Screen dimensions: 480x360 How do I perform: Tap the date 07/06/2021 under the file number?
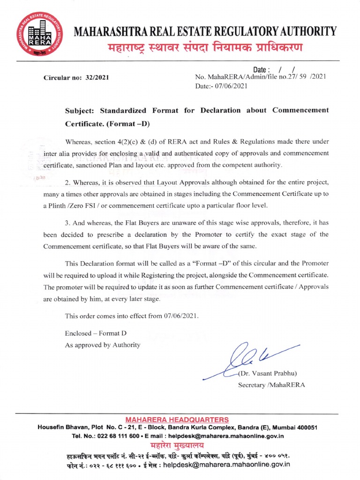pyautogui.click(x=230, y=86)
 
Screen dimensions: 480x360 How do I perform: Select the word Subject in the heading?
pyautogui.click(x=80, y=110)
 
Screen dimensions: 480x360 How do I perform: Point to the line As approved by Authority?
pyautogui.click(x=103, y=345)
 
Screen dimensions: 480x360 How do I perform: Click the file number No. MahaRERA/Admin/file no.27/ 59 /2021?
pyautogui.click(x=260, y=76)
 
